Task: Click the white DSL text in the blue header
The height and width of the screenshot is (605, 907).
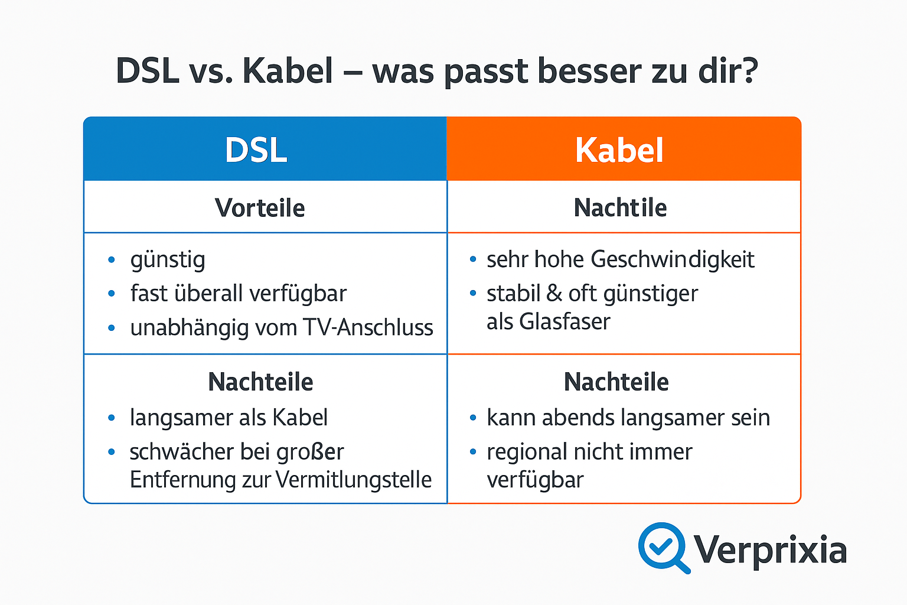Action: pyautogui.click(x=256, y=150)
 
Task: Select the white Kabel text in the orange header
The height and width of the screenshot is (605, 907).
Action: pyautogui.click(x=619, y=150)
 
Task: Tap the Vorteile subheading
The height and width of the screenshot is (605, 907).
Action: pyautogui.click(x=260, y=208)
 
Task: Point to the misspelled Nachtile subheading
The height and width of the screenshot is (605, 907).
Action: pyautogui.click(x=620, y=208)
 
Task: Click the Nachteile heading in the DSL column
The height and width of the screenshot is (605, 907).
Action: pyautogui.click(x=260, y=382)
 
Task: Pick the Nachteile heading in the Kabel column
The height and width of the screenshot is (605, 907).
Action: pyautogui.click(x=616, y=382)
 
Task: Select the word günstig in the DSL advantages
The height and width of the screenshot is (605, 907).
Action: pyautogui.click(x=168, y=260)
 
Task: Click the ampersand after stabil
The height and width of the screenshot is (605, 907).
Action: pyautogui.click(x=554, y=294)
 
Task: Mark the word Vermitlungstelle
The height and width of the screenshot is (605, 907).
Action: pyautogui.click(x=354, y=480)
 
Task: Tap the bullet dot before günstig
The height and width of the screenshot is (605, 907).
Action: pyautogui.click(x=112, y=260)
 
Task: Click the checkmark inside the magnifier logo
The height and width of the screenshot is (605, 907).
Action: pyautogui.click(x=661, y=545)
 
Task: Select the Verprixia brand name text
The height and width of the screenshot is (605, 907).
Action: pyautogui.click(x=770, y=549)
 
